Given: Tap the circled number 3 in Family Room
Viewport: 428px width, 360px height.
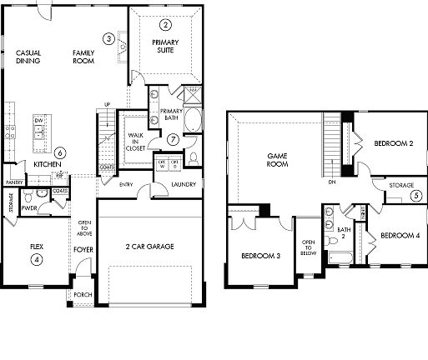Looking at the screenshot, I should pyautogui.click(x=108, y=38).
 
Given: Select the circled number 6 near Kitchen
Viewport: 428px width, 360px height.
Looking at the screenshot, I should pyautogui.click(x=60, y=153).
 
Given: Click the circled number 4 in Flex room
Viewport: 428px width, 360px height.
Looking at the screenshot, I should pyautogui.click(x=36, y=259).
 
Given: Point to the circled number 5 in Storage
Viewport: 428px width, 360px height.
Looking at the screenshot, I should pyautogui.click(x=415, y=196).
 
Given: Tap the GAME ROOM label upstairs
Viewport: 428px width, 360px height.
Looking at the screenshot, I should pyautogui.click(x=277, y=160).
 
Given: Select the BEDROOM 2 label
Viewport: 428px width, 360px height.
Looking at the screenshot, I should pyautogui.click(x=394, y=143).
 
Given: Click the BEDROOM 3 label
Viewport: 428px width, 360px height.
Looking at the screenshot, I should pyautogui.click(x=259, y=255).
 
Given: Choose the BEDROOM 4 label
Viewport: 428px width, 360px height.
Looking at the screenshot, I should pyautogui.click(x=400, y=236).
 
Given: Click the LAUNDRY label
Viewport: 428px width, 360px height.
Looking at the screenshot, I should pyautogui.click(x=183, y=184).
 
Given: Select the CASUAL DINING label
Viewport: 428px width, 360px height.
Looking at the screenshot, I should pyautogui.click(x=28, y=57).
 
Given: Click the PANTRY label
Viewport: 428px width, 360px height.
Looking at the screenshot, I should pyautogui.click(x=13, y=182).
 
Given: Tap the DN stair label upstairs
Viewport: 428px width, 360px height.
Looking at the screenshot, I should pyautogui.click(x=331, y=181).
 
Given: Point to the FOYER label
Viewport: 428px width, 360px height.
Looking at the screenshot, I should pyautogui.click(x=83, y=248).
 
